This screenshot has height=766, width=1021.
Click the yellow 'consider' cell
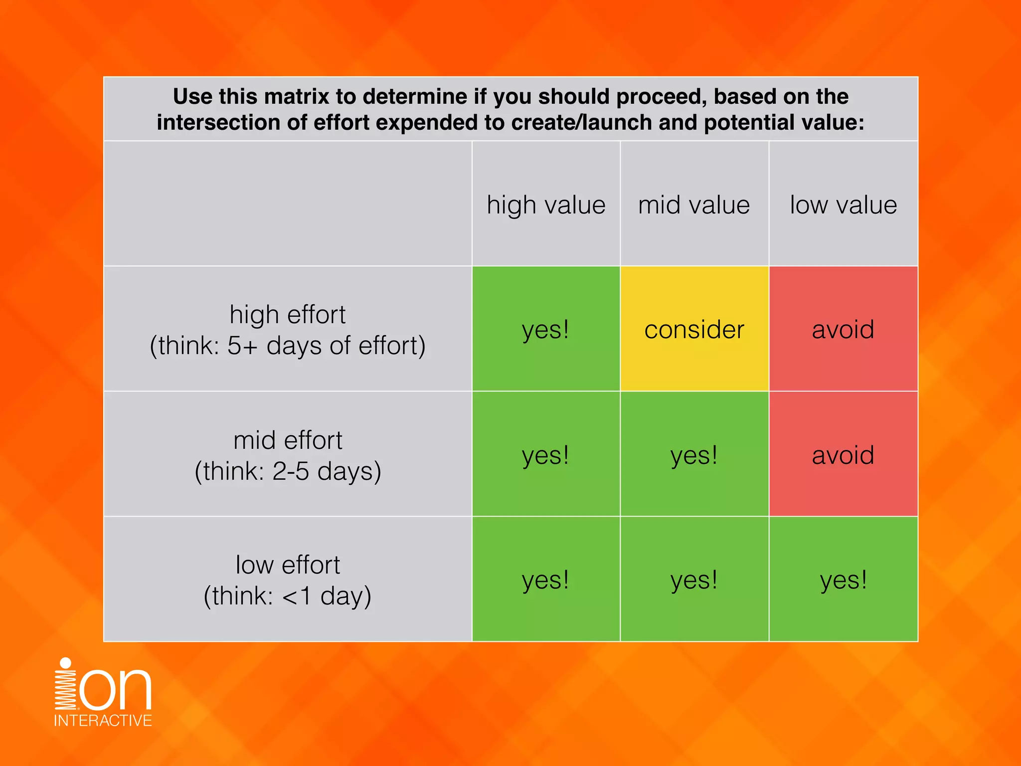(694, 329)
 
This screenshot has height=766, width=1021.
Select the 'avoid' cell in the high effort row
(843, 329)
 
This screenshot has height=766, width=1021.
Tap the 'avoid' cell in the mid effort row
(843, 454)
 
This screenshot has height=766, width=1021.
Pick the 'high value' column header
(546, 205)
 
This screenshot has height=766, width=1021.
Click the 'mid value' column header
(694, 205)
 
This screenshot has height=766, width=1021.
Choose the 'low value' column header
(843, 205)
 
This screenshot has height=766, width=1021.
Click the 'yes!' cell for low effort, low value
(843, 579)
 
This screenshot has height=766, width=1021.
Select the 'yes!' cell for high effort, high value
(546, 329)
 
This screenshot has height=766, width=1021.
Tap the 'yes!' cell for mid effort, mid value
(694, 454)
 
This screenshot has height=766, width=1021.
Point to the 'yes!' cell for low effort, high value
(546, 579)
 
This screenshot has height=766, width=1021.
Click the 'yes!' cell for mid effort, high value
(546, 454)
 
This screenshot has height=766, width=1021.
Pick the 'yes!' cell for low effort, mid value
(694, 579)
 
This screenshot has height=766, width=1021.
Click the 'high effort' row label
(288, 315)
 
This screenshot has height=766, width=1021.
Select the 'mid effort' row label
(288, 440)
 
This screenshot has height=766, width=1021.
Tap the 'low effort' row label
(288, 565)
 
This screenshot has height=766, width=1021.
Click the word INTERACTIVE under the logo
(103, 721)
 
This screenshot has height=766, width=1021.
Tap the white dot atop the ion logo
(65, 663)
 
